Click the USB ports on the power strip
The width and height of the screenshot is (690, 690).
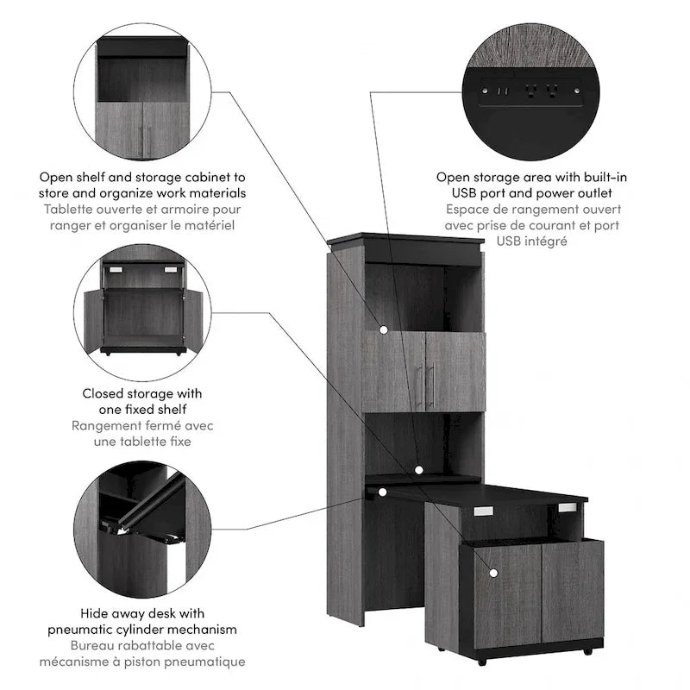pyautogui.click(x=501, y=89)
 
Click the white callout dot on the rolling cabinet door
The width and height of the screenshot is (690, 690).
pyautogui.click(x=493, y=572)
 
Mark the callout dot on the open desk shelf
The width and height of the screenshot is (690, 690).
pyautogui.click(x=417, y=470)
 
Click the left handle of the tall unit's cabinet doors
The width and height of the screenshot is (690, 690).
pyautogui.click(x=418, y=386)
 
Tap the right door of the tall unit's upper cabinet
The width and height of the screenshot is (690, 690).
pyautogui.click(x=455, y=371)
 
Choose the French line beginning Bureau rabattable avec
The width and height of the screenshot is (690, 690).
pyautogui.click(x=142, y=645)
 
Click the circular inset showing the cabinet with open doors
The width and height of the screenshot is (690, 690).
pyautogui.click(x=142, y=306)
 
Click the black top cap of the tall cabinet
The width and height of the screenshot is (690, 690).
pyautogui.click(x=406, y=241)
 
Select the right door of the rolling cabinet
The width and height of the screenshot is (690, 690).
pyautogui.click(x=570, y=594)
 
